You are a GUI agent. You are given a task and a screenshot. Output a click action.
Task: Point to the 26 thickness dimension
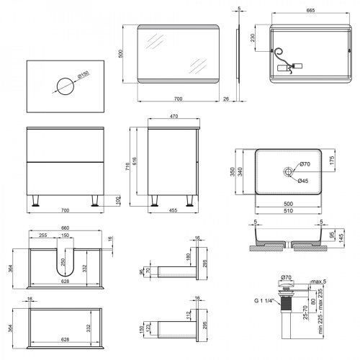[226, 99]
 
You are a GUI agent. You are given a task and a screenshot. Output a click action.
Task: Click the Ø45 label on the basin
[303, 181]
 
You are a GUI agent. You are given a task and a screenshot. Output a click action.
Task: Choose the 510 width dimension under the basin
[287, 212]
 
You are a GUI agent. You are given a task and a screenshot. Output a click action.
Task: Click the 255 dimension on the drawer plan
[44, 234]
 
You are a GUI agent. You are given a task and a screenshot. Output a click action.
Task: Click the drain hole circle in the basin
[287, 171]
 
